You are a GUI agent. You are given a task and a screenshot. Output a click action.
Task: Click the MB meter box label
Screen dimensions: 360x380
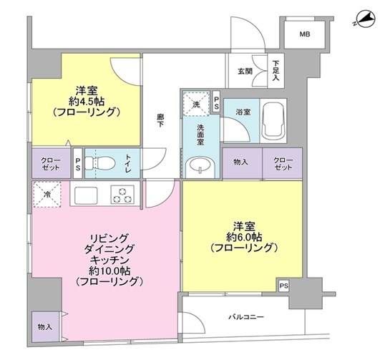tap(305, 34)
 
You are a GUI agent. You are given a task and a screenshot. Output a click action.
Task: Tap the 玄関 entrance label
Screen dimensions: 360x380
tap(245, 71)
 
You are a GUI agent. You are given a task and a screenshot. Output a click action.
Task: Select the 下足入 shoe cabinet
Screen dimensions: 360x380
tap(276, 70)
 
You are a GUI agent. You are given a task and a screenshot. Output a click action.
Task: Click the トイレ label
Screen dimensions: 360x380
tap(127, 162)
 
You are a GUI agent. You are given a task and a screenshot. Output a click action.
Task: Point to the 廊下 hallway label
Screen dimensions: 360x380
tap(160, 121)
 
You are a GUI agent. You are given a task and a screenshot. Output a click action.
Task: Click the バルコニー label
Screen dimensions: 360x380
tap(246, 316)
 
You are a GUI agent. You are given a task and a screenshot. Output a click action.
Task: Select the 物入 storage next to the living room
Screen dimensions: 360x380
tap(45, 326)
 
